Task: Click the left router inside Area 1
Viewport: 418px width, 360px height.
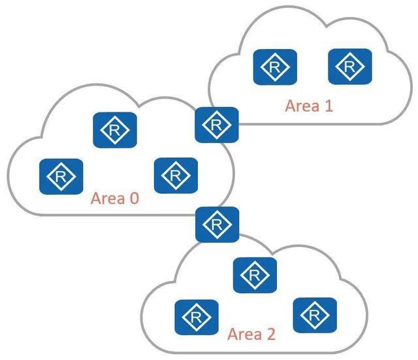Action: pyautogui.click(x=275, y=66)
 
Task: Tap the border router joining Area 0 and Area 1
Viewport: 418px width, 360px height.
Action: pyautogui.click(x=217, y=124)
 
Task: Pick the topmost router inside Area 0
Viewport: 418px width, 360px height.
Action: pyautogui.click(x=115, y=129)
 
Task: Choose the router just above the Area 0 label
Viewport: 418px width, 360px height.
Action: pyautogui.click(x=175, y=174)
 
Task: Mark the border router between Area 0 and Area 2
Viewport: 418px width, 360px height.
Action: pyautogui.click(x=217, y=224)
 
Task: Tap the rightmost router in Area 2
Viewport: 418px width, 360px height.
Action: pyautogui.click(x=315, y=314)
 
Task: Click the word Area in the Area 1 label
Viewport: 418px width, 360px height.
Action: pyautogui.click(x=301, y=106)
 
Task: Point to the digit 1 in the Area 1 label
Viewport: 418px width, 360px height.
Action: pyautogui.click(x=328, y=106)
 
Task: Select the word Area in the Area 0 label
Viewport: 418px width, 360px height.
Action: pyautogui.click(x=106, y=198)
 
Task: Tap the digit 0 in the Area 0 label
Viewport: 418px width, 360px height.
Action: pyautogui.click(x=134, y=198)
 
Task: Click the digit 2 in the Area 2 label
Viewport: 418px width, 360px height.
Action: pyautogui.click(x=270, y=335)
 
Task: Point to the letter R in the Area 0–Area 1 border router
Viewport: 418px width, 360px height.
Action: pyautogui.click(x=217, y=124)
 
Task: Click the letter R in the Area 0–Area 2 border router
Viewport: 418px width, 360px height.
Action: pyautogui.click(x=217, y=224)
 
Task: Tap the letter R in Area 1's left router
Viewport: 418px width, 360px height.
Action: pyautogui.click(x=275, y=66)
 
